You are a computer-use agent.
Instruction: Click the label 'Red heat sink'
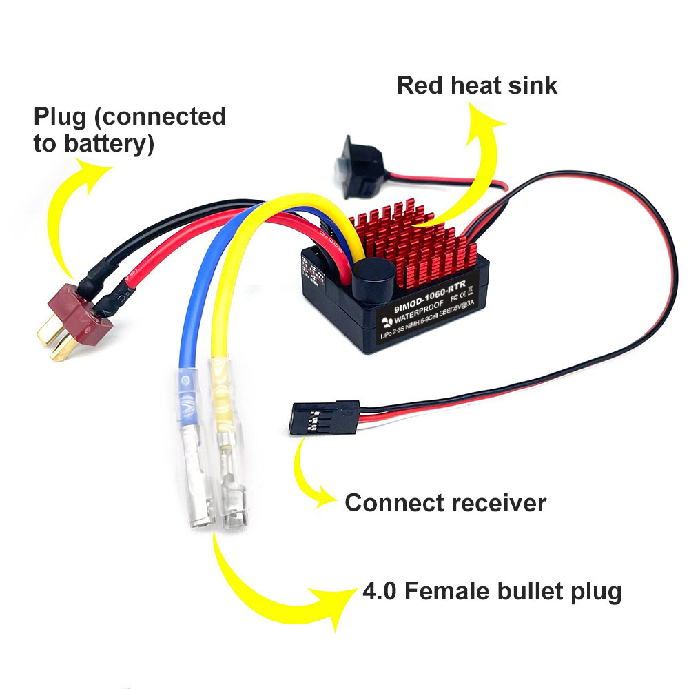pos(477,85)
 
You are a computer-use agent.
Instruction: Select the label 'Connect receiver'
pos(445,503)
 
